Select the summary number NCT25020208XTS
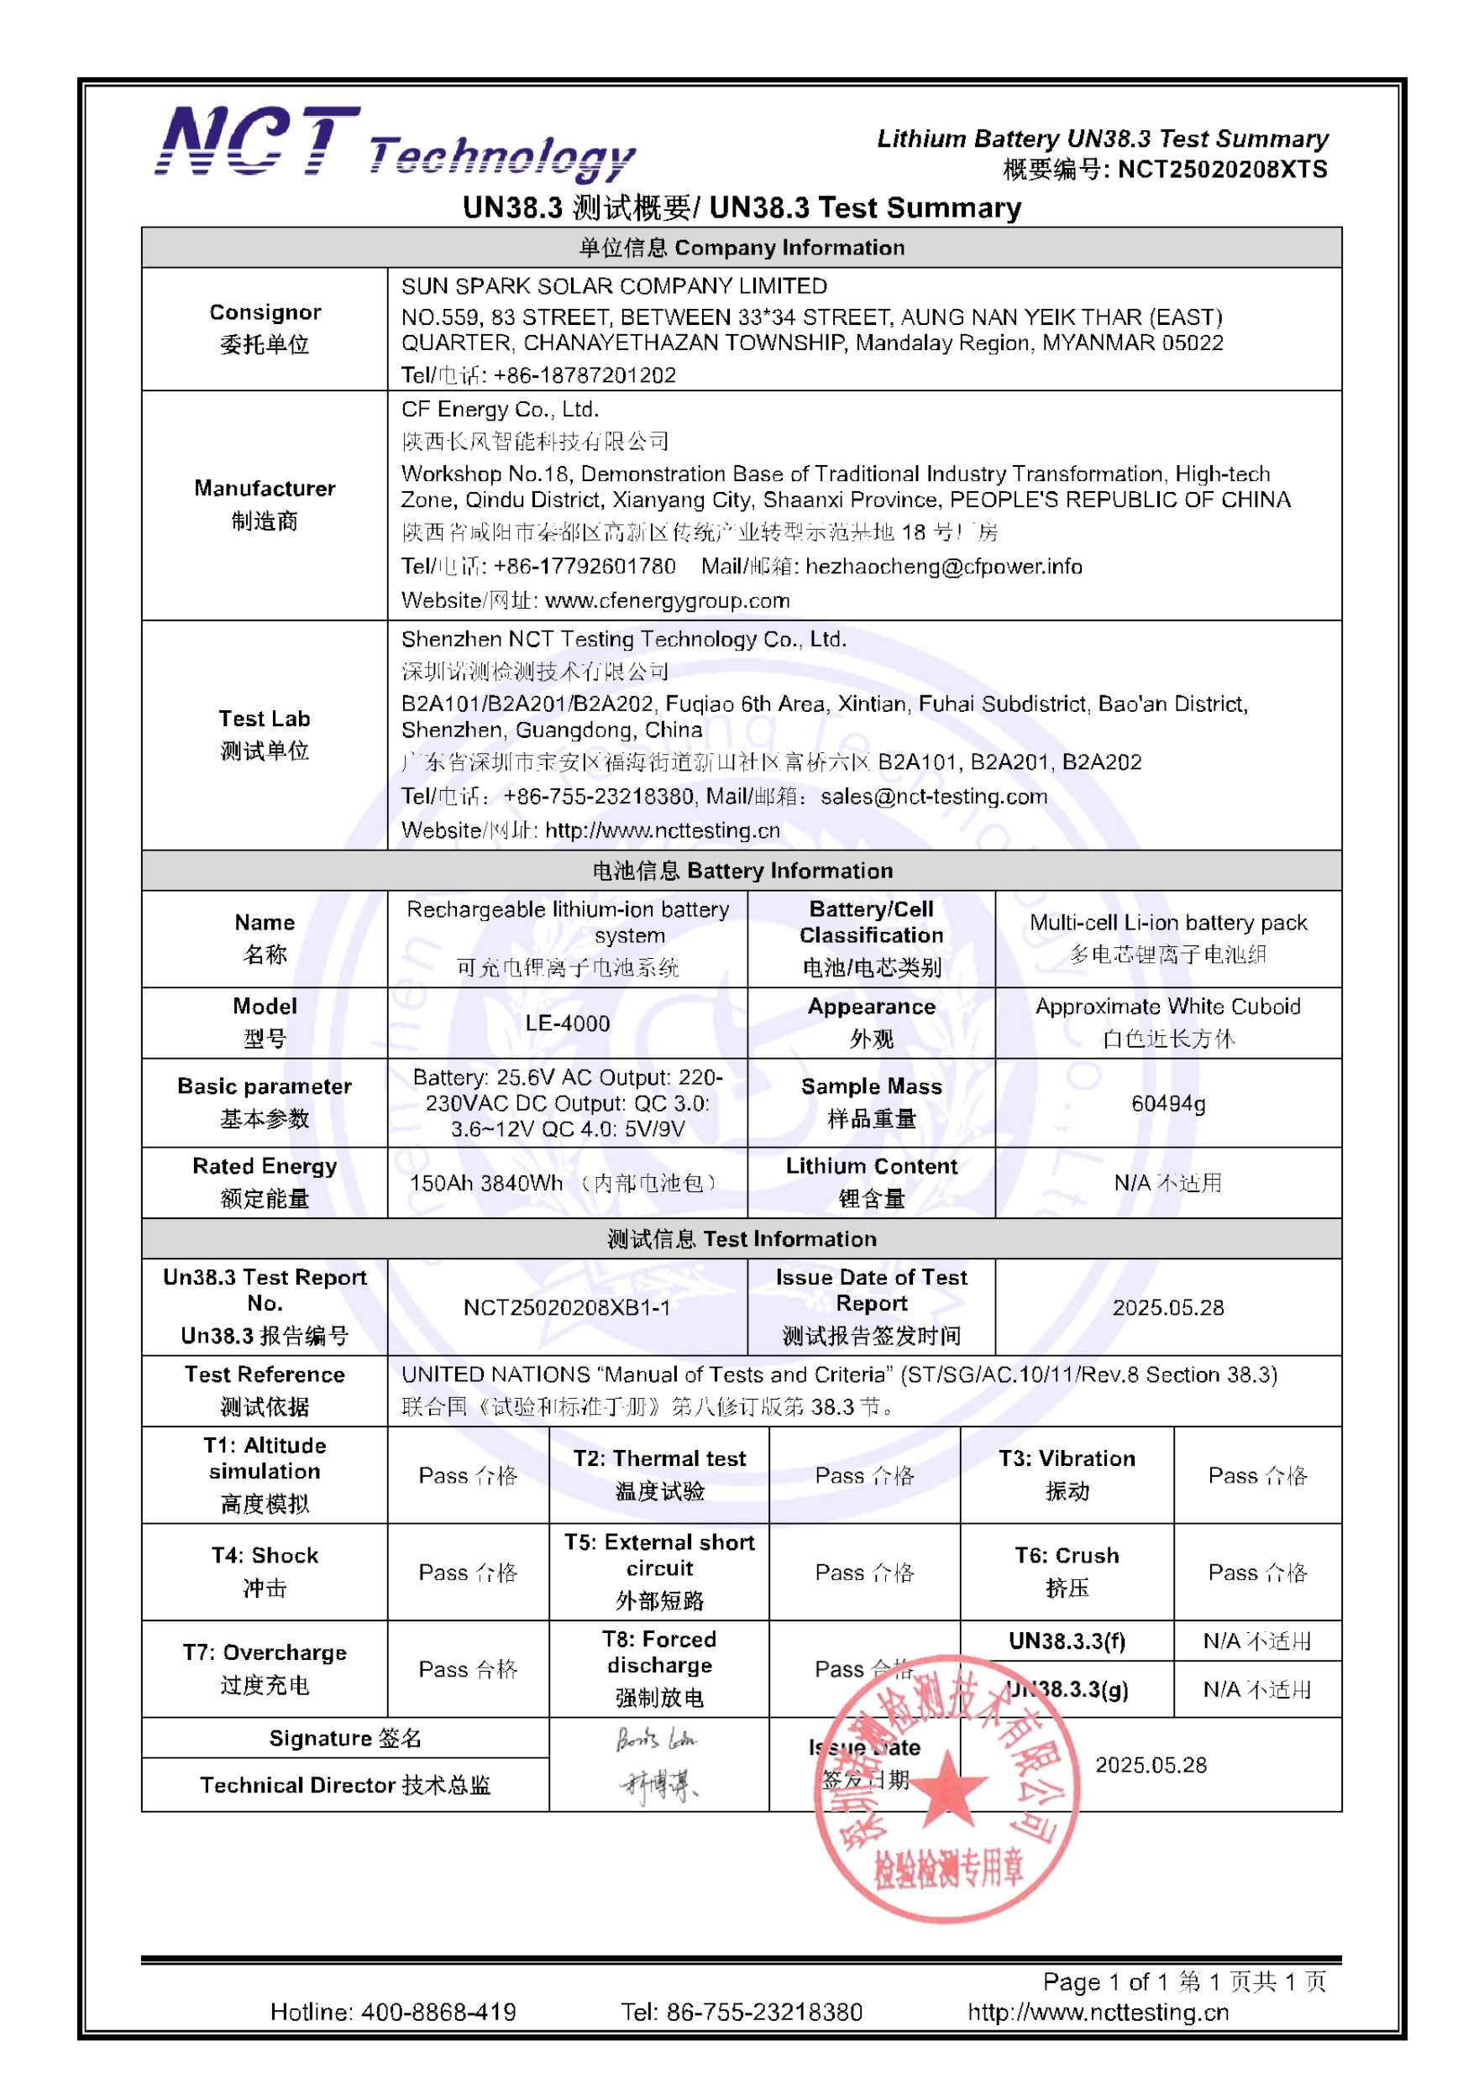tap(1222, 169)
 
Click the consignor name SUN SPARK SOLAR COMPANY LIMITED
tap(614, 286)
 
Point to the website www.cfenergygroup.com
tap(667, 600)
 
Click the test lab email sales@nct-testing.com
tap(934, 796)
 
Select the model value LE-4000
tap(567, 1023)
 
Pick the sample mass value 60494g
tap(1167, 1103)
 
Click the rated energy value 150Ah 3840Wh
tap(485, 1183)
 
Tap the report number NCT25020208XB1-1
tap(567, 1307)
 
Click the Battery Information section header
tap(742, 871)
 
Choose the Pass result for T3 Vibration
tap(1257, 1475)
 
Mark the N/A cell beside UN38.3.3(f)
tap(1257, 1641)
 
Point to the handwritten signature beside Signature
tap(657, 1739)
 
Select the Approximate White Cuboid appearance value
tap(1167, 1007)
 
